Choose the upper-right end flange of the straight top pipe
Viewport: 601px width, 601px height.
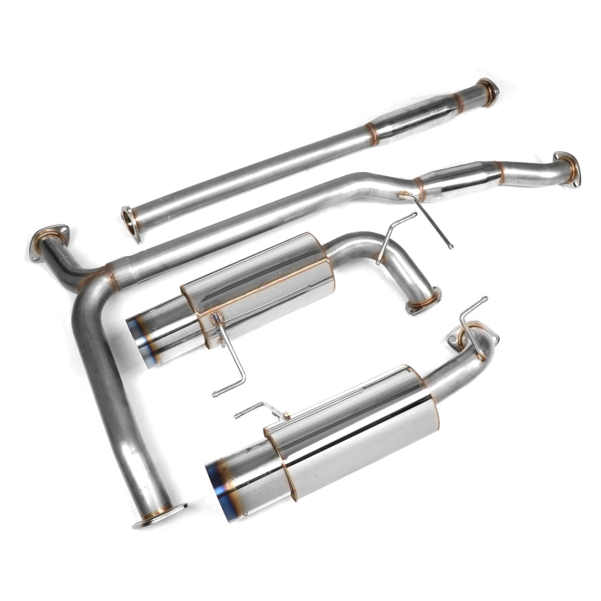(487, 91)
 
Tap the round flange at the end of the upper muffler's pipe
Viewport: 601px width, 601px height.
(423, 302)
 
